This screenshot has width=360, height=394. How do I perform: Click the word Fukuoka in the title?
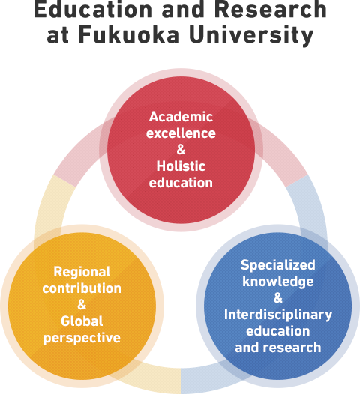click(129, 34)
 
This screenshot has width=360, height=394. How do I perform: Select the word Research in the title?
click(271, 9)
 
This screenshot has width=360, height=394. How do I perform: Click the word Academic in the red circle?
click(181, 117)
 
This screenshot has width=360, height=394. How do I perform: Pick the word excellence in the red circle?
click(181, 133)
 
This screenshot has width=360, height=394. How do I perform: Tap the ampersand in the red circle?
click(181, 150)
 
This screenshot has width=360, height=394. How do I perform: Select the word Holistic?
click(181, 166)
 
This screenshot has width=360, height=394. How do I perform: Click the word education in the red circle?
click(181, 183)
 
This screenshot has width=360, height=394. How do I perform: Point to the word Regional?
click(82, 273)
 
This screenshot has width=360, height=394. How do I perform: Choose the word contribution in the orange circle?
click(82, 288)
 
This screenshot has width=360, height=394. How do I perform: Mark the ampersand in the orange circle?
click(82, 305)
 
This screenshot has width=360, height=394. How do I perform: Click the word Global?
click(82, 321)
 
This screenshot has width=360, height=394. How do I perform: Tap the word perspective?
click(82, 339)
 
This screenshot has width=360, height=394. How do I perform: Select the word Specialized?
click(278, 265)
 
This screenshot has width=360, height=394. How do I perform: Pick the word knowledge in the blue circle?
click(278, 282)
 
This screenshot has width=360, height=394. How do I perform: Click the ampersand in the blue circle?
click(278, 298)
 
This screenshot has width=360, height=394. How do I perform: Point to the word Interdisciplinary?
click(278, 315)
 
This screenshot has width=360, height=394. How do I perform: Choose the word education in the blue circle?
click(278, 331)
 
